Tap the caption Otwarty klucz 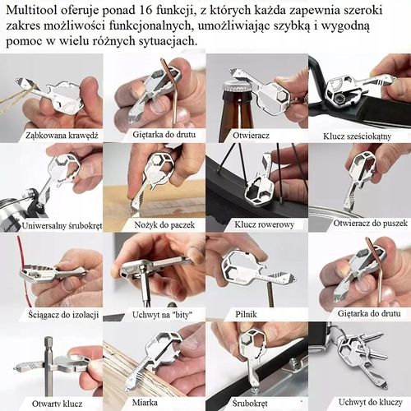(50, 403)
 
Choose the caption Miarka (153, 403)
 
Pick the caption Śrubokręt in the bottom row (256, 403)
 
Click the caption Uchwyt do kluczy (359, 403)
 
